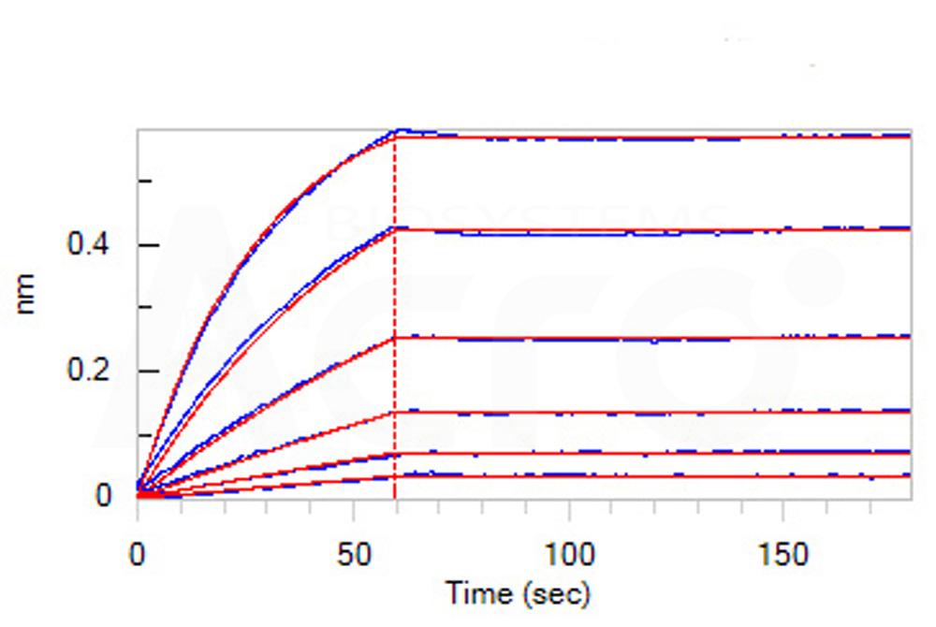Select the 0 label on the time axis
click(138, 554)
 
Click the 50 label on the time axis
click(353, 554)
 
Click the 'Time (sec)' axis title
click(518, 593)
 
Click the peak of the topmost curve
click(401, 131)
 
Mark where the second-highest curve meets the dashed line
click(395, 228)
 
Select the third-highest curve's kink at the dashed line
click(395, 337)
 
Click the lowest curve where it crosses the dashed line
click(395, 476)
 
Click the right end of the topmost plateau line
click(909, 137)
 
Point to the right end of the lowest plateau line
click(909, 476)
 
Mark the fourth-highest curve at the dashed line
click(395, 412)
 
